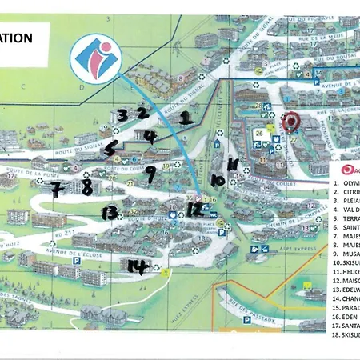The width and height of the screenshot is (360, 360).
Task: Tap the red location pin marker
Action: click(290, 123)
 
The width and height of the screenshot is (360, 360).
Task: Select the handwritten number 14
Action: click(138, 267)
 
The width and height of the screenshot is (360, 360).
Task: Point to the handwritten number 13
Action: click(110, 212)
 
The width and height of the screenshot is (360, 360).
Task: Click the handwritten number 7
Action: click(55, 190)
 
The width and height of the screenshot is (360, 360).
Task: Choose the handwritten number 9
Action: click(150, 174)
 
